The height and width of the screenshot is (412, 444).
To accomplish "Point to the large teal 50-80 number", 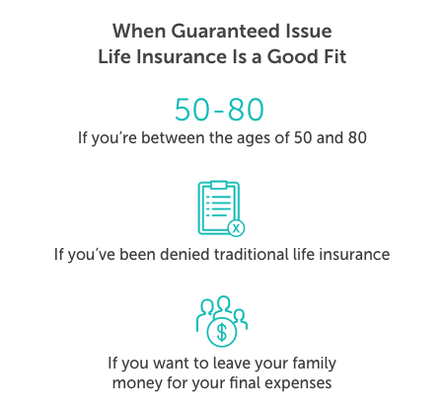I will pyautogui.click(x=222, y=109).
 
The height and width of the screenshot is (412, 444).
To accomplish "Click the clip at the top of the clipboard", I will pyautogui.click(x=218, y=185).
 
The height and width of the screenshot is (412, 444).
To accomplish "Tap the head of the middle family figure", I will pyautogui.click(x=222, y=303).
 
